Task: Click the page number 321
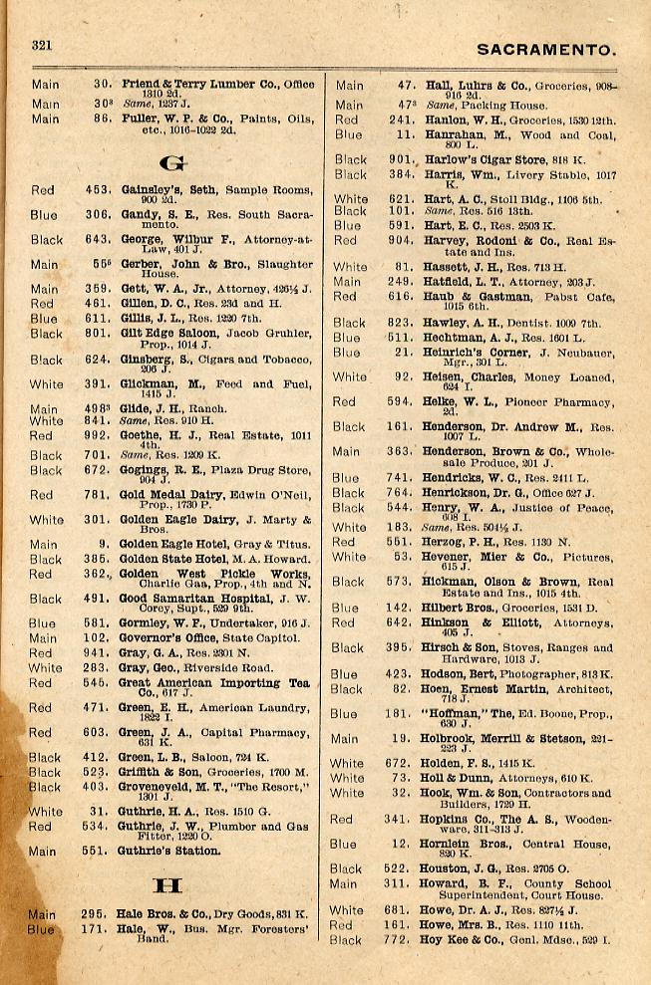(42, 45)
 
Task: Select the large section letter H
(167, 885)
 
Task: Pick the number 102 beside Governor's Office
(97, 638)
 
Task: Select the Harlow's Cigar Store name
(486, 159)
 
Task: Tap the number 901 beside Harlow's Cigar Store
(401, 159)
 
